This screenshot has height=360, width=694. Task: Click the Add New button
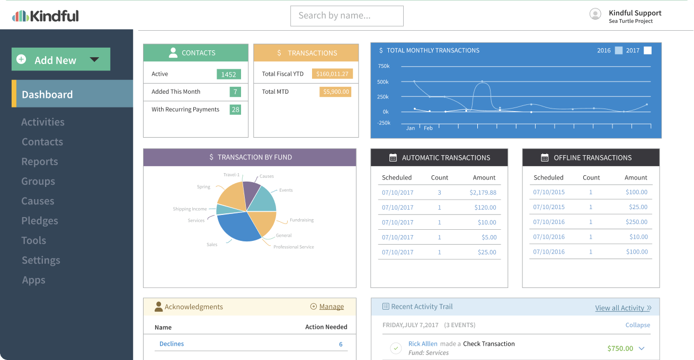[60, 60]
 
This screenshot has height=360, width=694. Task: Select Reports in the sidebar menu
[40, 161]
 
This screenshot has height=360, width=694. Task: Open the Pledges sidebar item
[40, 221]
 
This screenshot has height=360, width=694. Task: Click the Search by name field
[346, 16]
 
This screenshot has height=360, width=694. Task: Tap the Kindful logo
[46, 16]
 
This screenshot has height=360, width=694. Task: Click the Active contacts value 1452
[228, 74]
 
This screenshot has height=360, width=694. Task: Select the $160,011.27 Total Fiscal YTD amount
[332, 74]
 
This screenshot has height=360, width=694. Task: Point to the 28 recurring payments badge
[235, 110]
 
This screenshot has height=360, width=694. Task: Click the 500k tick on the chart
[383, 82]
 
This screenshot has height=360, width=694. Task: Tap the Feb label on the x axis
[428, 128]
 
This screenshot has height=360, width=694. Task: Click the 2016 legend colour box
[619, 51]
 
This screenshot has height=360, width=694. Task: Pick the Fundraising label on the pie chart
[301, 220]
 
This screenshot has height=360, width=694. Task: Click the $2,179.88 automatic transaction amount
[483, 193]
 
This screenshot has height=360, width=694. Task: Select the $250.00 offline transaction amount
[636, 222]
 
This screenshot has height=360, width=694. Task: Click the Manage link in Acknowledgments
[331, 307]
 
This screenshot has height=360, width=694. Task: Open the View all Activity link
[619, 308]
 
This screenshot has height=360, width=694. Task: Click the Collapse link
[637, 325]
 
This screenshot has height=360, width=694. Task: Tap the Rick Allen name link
[423, 344]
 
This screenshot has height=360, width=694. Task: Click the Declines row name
[172, 344]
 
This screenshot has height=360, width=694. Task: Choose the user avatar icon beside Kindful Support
[595, 14]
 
